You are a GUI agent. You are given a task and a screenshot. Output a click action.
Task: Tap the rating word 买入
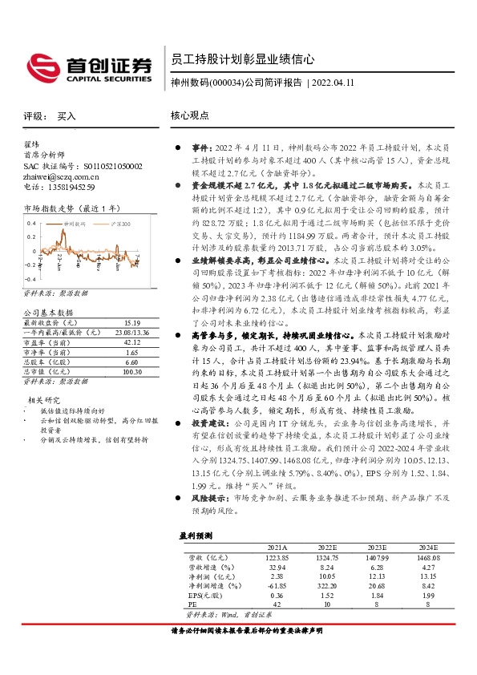(x=67, y=116)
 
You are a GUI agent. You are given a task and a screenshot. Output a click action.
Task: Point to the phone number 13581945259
(x=67, y=187)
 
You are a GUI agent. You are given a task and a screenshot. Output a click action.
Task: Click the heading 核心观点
(x=189, y=115)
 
